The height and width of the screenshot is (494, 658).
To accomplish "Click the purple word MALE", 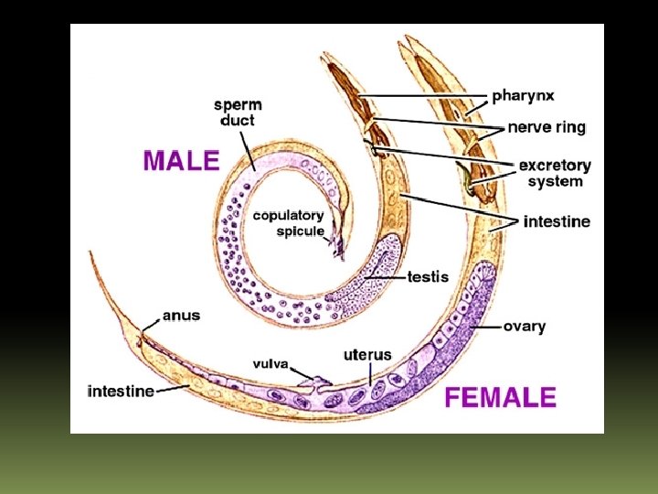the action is pos(181,161).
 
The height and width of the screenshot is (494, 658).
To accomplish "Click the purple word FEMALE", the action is pos(500,397).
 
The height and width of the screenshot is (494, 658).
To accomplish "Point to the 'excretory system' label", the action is pos(555,173).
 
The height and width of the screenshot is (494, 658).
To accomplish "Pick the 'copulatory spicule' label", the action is pos(288,223).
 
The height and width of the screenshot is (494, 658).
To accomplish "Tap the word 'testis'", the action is pos(427,275).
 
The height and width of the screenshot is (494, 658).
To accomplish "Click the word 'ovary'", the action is pos(525,326).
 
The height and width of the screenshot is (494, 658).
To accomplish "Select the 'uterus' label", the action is pos(367,354).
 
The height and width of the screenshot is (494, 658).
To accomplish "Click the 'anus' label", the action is pos(181,316).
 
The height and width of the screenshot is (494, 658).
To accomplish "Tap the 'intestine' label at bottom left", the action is pos(121,391).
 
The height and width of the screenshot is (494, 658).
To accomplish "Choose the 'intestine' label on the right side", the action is pos(557,221).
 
